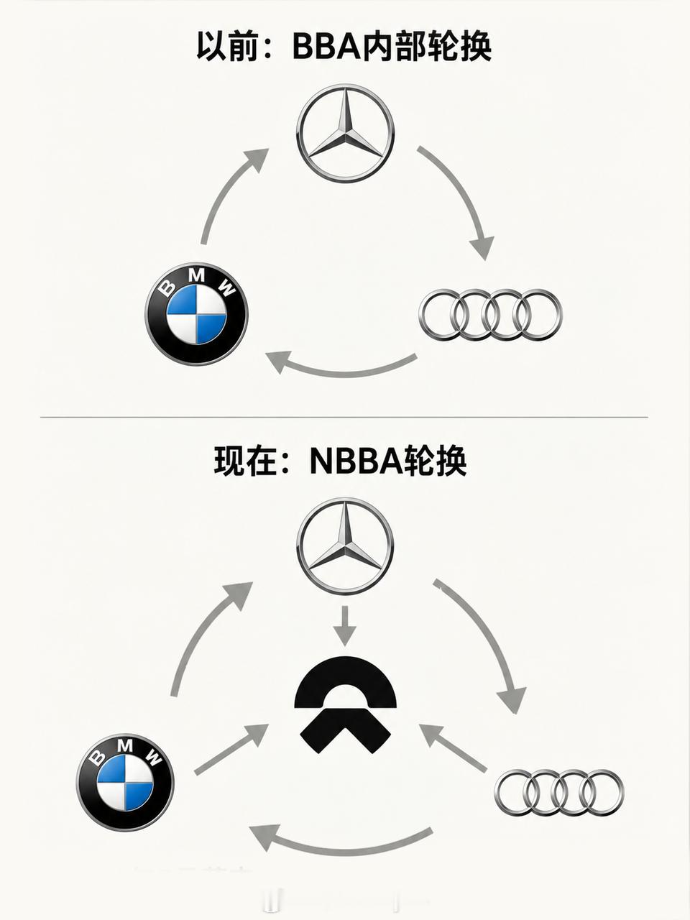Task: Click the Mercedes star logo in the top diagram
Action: pos(345,133)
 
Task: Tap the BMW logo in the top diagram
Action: pos(196,314)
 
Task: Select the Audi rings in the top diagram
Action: pos(490,314)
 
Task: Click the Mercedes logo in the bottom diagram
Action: pos(345,546)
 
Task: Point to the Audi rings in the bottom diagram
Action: pos(559,793)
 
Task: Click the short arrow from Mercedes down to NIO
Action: pos(345,625)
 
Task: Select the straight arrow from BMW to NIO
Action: pos(231,748)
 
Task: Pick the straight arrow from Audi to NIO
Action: pos(454,747)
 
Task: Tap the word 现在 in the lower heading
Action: pos(244,461)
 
